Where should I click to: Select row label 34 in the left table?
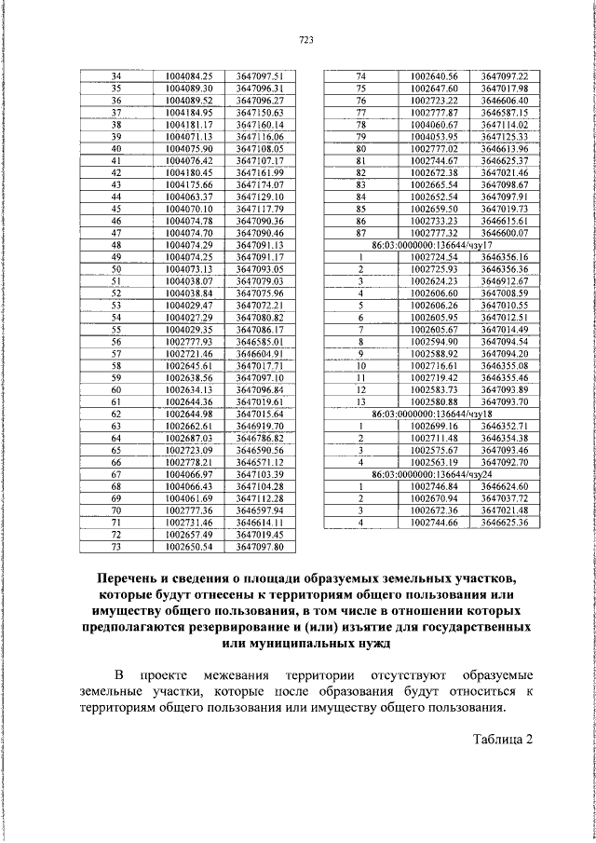coord(117,75)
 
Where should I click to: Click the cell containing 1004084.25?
coord(189,75)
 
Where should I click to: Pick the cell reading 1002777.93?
coord(189,342)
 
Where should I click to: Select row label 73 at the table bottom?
coord(117,548)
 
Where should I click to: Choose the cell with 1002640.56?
coord(434,75)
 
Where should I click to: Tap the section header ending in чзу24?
coord(431,475)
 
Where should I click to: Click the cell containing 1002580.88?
coord(434,402)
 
